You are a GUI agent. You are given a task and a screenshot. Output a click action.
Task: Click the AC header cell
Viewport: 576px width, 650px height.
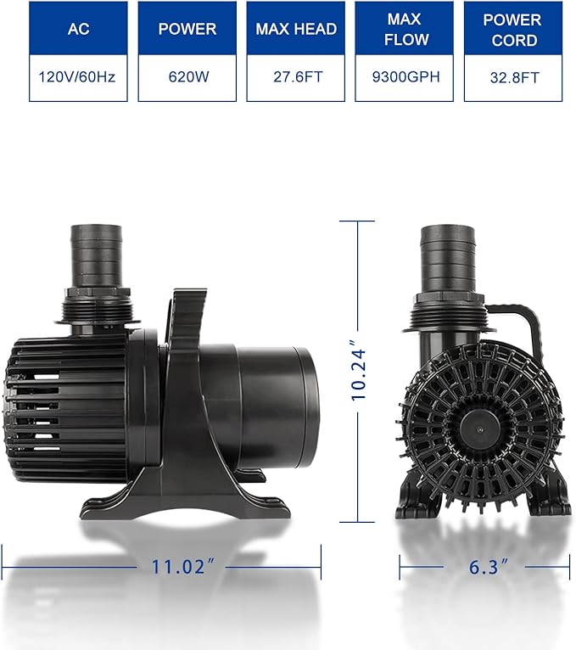click(77, 29)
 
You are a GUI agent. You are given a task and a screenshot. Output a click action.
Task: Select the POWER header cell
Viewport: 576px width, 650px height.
click(186, 29)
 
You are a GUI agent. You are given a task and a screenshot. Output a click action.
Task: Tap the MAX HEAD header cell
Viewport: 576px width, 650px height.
click(294, 29)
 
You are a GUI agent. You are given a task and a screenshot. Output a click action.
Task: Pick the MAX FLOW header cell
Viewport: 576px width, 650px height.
click(403, 29)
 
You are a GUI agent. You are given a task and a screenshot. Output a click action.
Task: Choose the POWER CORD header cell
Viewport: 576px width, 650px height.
click(512, 29)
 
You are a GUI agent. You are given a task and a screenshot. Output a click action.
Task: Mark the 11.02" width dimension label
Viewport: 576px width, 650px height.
click(178, 568)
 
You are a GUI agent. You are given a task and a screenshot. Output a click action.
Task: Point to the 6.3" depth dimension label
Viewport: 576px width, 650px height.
click(485, 568)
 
